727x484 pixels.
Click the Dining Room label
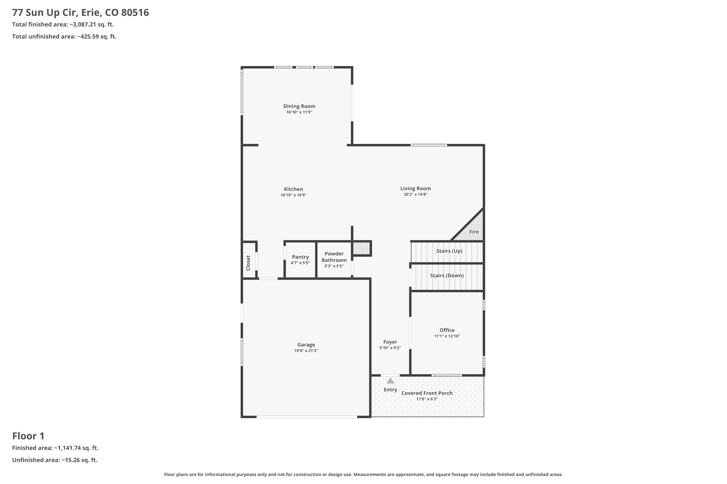click(x=299, y=106)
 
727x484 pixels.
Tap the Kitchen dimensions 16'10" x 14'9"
click(x=293, y=195)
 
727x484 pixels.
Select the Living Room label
click(x=415, y=188)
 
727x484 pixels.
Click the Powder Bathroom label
click(x=334, y=257)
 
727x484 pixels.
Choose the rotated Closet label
click(x=248, y=263)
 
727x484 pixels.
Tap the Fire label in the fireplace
click(x=474, y=232)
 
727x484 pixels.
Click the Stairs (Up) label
click(x=449, y=251)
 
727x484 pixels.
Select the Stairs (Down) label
click(x=447, y=276)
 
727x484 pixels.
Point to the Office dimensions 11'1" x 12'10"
click(x=447, y=336)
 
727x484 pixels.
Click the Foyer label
click(x=390, y=342)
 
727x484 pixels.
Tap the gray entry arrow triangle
click(x=390, y=381)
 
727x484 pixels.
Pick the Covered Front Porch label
click(x=427, y=393)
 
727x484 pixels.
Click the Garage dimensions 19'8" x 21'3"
click(x=306, y=351)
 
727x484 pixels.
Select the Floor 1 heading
click(x=28, y=436)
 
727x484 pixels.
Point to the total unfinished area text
click(x=64, y=37)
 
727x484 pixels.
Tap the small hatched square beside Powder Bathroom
click(x=361, y=248)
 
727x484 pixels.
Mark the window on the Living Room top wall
click(x=429, y=145)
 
